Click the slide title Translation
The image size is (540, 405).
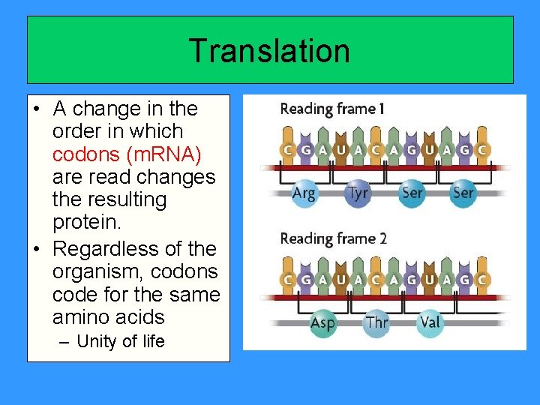(x=269, y=51)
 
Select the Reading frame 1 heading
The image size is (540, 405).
(x=332, y=109)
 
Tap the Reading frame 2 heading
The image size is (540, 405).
(x=333, y=239)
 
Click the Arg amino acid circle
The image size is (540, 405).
(x=304, y=193)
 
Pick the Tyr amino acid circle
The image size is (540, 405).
(x=358, y=193)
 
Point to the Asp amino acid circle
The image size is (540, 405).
(x=323, y=323)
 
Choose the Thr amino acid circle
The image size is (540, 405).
(x=376, y=323)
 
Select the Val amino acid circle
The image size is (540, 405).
(x=430, y=323)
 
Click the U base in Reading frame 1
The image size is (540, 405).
(x=340, y=150)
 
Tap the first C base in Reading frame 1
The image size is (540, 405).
(x=287, y=150)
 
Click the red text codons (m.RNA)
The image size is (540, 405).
(x=127, y=154)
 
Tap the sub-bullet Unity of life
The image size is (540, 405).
(x=121, y=342)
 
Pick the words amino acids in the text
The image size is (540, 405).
(x=108, y=316)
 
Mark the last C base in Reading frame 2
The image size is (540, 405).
(x=482, y=280)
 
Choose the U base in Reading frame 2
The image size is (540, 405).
(x=340, y=280)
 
